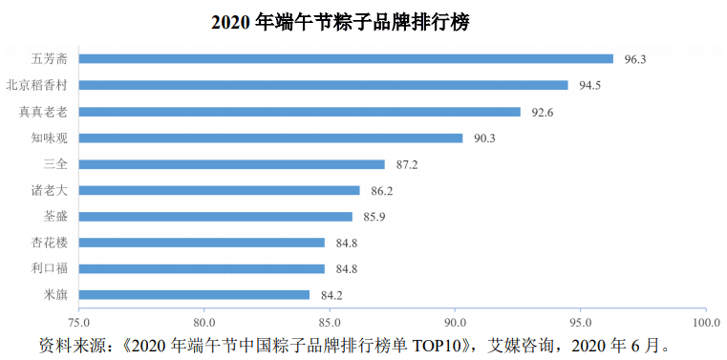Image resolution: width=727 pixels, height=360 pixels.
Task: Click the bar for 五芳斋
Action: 346,59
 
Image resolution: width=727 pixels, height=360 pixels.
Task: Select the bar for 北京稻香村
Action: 323,85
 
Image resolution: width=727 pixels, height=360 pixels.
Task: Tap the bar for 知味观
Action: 270,138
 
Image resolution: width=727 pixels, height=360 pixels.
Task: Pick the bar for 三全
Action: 231,164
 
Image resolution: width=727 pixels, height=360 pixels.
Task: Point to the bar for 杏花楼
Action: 202,243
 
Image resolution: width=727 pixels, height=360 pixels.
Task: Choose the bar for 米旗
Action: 194,294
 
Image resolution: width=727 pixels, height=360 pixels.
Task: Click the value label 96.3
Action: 635,59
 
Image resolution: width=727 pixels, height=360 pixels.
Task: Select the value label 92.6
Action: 543,112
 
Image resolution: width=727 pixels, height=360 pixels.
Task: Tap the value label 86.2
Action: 381,190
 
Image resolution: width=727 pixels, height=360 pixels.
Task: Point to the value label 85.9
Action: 374,217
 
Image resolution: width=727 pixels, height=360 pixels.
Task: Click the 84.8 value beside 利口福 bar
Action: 347,268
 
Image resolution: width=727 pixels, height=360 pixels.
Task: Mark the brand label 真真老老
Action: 43,112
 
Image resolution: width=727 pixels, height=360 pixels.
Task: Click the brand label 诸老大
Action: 50,190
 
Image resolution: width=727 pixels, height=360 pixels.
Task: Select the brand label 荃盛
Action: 55,217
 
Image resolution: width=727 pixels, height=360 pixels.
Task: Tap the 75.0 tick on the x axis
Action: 78,322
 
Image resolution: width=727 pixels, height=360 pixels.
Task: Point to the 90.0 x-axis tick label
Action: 456,322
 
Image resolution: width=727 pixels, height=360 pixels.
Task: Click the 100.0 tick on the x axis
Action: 705,322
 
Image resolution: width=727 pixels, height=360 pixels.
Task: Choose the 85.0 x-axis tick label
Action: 330,322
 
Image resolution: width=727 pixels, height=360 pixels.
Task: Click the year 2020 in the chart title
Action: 232,21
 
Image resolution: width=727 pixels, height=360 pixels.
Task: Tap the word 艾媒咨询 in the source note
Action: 527,343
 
